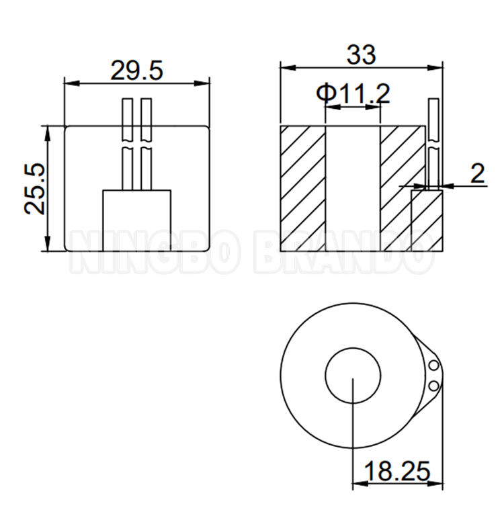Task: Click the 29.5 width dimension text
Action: click(x=136, y=71)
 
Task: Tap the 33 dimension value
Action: click(x=361, y=55)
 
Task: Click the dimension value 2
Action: click(x=477, y=173)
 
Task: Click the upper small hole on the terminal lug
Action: click(x=433, y=365)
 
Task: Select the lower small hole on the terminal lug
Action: click(x=433, y=386)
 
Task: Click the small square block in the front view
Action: click(x=136, y=220)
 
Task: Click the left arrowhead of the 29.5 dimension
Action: click(x=67, y=83)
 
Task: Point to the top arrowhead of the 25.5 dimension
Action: click(x=48, y=128)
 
